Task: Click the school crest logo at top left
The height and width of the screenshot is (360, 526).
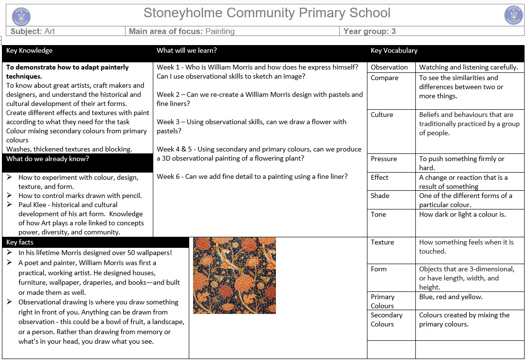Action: point(21,15)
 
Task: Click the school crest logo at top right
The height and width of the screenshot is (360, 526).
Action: point(514,15)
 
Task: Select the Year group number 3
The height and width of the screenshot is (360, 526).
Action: point(393,32)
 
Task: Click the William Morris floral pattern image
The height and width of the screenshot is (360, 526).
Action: point(234,275)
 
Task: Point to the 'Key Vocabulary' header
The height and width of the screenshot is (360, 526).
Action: point(394,50)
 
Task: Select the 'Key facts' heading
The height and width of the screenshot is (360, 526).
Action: point(20,242)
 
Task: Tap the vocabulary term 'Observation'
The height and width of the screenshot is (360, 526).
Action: point(389,67)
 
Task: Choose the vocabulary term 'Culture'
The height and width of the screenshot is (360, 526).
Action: point(382,115)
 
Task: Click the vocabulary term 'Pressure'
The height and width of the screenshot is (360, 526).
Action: point(384,159)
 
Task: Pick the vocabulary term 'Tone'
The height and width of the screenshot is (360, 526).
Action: point(378,214)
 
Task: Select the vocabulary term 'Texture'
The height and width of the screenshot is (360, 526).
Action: point(382,242)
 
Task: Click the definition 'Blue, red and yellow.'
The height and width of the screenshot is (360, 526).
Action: point(451,297)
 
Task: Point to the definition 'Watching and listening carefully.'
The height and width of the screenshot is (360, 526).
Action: point(468,67)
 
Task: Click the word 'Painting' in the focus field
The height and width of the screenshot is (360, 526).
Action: point(220,32)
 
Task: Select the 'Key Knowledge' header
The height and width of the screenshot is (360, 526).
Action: point(29,50)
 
